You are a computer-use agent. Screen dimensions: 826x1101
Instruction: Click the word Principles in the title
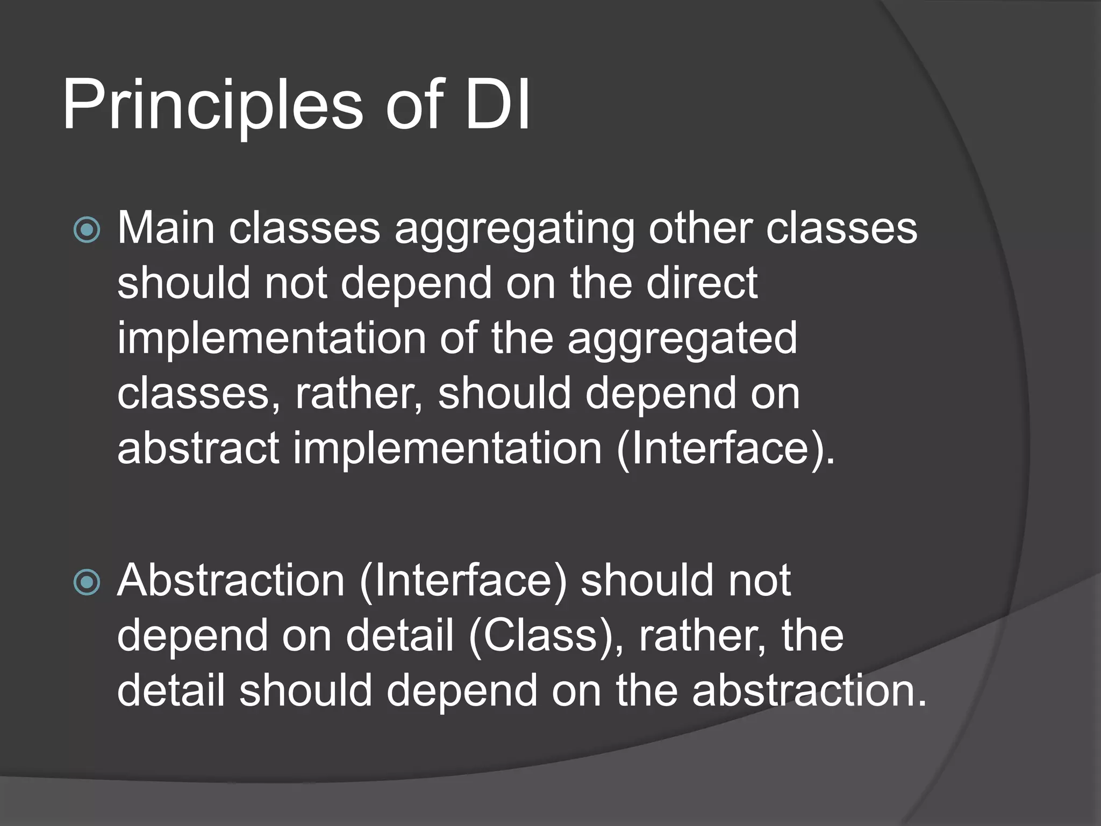[x=213, y=105]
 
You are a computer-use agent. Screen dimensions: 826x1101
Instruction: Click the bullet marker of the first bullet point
[x=87, y=230]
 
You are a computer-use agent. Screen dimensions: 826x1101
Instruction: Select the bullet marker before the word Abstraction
[x=87, y=582]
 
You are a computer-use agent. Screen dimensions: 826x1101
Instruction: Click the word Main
[x=166, y=228]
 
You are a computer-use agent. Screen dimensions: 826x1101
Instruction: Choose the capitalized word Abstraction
[x=231, y=581]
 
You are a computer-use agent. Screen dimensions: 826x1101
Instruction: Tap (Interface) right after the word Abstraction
[x=463, y=581]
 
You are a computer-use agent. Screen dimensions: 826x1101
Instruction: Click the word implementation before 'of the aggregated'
[x=271, y=339]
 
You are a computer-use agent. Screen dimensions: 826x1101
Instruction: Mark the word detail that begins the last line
[x=171, y=691]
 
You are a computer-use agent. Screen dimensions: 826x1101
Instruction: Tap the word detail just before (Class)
[x=400, y=636]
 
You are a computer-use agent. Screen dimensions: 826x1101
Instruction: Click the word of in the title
[x=414, y=105]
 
